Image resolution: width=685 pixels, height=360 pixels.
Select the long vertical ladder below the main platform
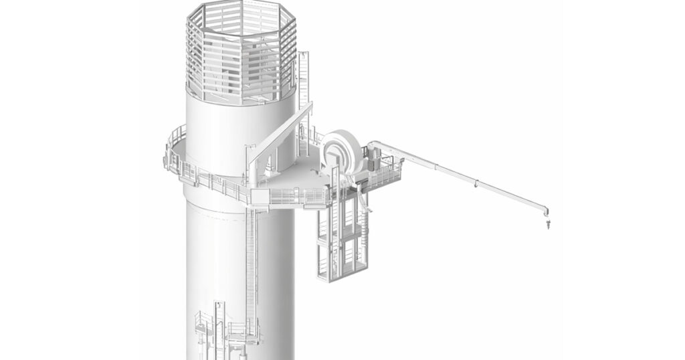(251, 268)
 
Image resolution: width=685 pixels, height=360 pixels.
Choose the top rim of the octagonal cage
(241, 9)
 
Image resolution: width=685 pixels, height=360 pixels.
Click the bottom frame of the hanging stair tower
(343, 276)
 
